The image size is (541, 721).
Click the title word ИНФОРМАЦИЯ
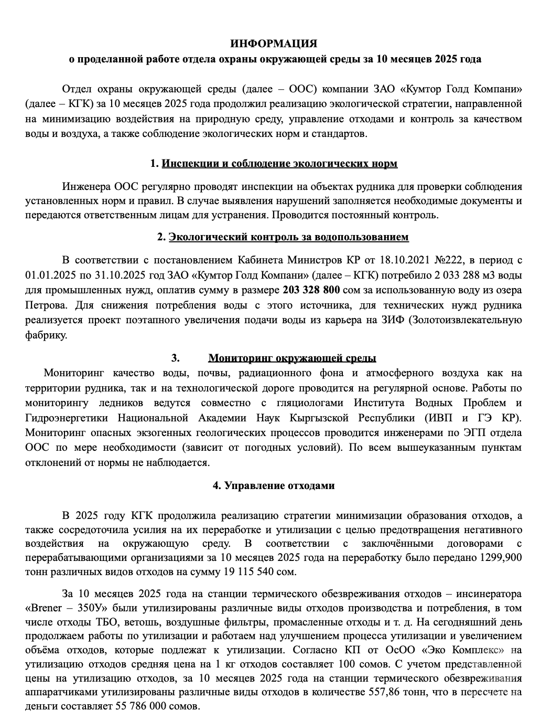point(274,43)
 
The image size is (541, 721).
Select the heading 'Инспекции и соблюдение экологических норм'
point(279,163)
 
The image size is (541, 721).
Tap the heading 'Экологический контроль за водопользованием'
point(288,237)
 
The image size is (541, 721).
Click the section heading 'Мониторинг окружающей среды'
point(292,358)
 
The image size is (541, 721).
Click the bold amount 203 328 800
point(311,290)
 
